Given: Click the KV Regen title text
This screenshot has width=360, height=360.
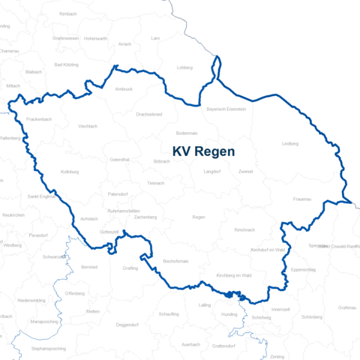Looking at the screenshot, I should [203, 151].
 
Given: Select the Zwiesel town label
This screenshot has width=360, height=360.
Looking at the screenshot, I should [245, 171].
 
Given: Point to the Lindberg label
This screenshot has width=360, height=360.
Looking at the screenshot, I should [289, 142].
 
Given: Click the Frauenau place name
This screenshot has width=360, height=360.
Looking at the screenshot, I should [303, 199].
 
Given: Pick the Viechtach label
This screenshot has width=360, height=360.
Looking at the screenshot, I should [88, 126].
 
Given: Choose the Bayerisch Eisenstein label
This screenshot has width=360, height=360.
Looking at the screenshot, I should [226, 109].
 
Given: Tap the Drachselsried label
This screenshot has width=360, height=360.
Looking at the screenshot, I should [148, 114].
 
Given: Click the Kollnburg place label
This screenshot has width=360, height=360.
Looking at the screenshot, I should [70, 171].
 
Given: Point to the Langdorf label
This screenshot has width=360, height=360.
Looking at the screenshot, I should [211, 171].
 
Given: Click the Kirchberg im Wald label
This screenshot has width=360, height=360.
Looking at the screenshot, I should [232, 276].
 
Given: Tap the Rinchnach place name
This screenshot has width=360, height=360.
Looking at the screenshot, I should [244, 229].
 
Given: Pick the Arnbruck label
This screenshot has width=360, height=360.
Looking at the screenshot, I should [124, 89].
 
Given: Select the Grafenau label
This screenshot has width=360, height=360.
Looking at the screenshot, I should [346, 307].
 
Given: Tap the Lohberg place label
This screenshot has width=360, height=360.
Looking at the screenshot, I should [184, 67].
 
